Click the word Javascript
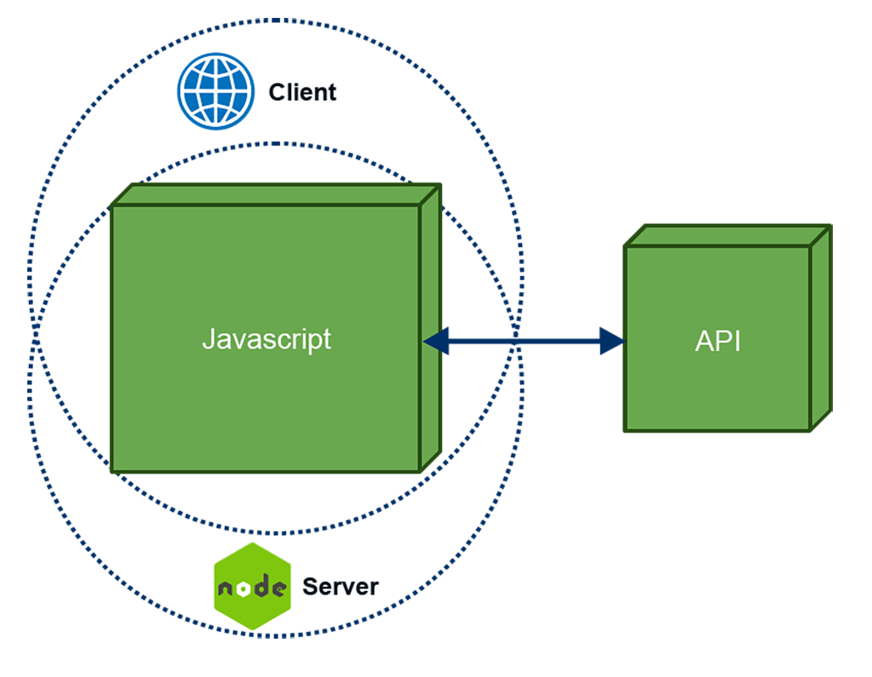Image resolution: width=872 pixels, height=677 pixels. [267, 339]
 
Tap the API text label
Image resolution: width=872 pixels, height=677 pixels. [717, 341]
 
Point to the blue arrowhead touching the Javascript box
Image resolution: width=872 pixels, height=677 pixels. [439, 341]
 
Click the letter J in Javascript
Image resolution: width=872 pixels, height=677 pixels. [208, 338]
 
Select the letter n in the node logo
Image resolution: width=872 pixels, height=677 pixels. [223, 588]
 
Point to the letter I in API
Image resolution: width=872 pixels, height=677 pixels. [737, 341]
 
